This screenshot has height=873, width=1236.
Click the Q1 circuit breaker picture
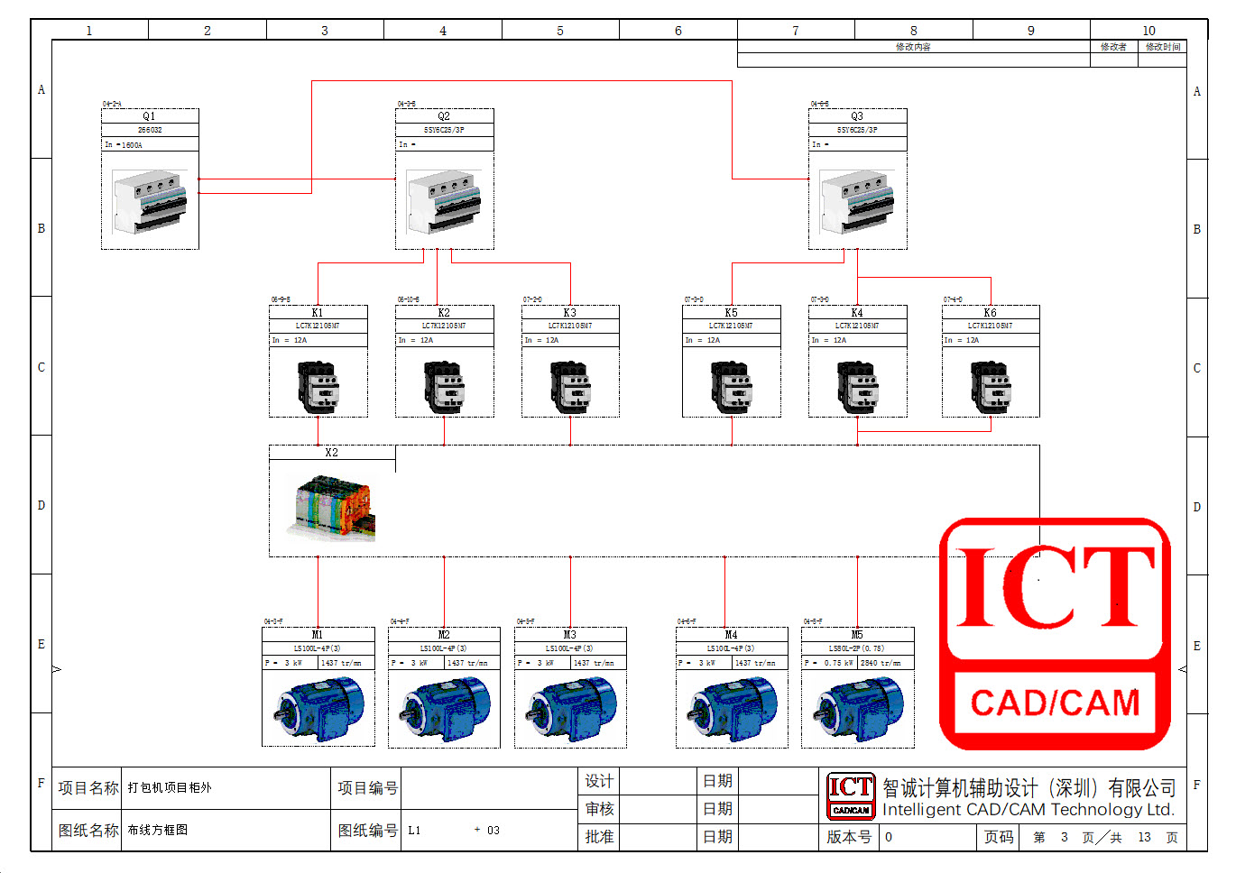pos(150,202)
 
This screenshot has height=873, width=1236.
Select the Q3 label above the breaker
pos(857,116)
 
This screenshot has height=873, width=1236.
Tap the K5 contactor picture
pos(732,386)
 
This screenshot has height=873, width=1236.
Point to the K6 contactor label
pos(990,313)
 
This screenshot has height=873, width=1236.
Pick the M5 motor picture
pos(857,709)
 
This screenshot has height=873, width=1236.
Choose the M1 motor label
pos(318,635)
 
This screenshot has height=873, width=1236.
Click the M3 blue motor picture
pos(570,709)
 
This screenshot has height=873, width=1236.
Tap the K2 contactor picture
pos(445,386)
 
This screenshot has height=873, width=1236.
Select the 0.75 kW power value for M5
pos(838,663)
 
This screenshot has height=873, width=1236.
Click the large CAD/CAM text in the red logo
pos(1055,703)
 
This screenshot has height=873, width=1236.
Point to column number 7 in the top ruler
pos(796,31)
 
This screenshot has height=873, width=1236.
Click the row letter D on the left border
pos(42,505)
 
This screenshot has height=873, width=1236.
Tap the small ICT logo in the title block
pos(851,795)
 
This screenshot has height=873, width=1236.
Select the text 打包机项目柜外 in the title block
pos(170,787)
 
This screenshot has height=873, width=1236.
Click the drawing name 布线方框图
pos(158,830)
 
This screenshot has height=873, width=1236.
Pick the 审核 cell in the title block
pos(599,809)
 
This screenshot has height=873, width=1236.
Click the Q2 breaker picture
pos(445,202)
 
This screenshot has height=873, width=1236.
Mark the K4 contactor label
pos(857,313)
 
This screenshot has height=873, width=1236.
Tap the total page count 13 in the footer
pos(1144,837)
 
